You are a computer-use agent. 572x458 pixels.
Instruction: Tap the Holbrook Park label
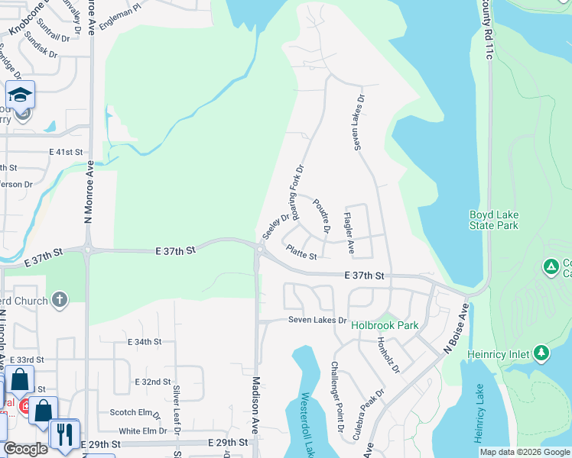point(385,324)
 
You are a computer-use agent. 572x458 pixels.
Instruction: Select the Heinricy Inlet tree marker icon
point(541,353)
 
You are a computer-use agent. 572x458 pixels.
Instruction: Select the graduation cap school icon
point(20,95)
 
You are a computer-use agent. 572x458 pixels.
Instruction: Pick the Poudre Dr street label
point(321,215)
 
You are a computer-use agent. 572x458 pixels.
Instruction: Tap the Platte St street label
point(301,252)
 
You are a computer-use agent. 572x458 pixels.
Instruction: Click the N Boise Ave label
point(456,328)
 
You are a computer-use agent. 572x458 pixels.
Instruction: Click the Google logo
point(25,450)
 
